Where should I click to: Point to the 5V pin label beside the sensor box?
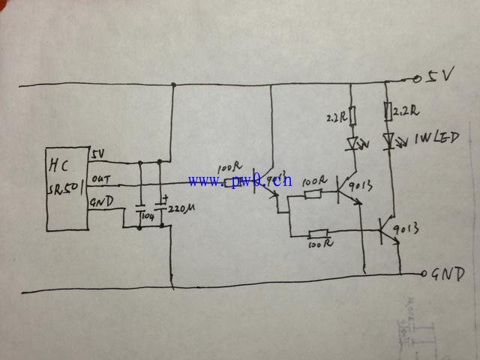pos(98,154)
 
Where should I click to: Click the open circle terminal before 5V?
pos(416,78)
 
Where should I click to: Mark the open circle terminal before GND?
pos(425,274)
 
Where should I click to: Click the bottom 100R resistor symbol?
pos(319,233)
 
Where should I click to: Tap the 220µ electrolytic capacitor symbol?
pos(160,205)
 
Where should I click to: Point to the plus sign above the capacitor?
pos(164,197)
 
